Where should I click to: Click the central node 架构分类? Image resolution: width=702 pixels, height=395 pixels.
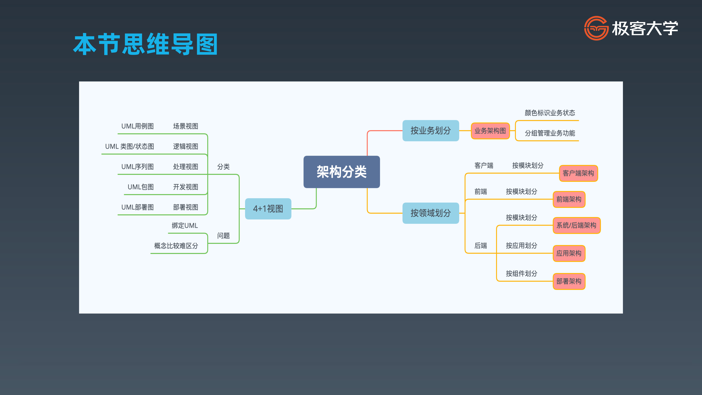[x=341, y=172]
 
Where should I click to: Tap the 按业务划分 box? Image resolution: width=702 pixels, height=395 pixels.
[x=431, y=131]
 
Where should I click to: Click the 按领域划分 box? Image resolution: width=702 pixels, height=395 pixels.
[x=431, y=213]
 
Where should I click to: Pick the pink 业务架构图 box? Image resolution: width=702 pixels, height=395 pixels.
[x=490, y=131]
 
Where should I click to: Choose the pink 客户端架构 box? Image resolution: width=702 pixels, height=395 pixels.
[x=578, y=173]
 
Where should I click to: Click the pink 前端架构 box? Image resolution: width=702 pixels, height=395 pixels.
[x=569, y=199]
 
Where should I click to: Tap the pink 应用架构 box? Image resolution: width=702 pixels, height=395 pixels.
[x=569, y=253]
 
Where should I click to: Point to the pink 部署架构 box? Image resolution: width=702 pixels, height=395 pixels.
[x=569, y=281]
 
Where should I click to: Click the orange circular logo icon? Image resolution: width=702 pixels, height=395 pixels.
[x=596, y=28]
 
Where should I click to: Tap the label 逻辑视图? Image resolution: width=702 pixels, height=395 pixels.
[x=185, y=146]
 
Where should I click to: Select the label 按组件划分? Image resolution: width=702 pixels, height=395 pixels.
[x=521, y=273]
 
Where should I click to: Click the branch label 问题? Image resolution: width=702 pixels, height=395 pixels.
[x=223, y=236]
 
